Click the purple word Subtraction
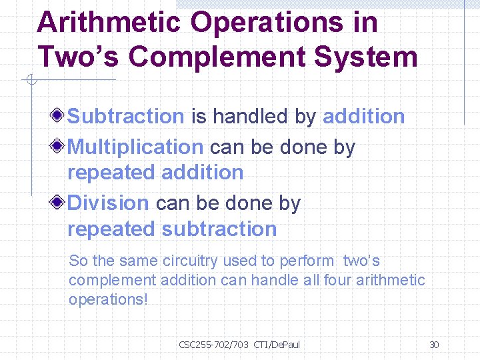click(x=126, y=116)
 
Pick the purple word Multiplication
click(x=135, y=147)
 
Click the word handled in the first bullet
click(x=251, y=116)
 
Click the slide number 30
click(x=434, y=345)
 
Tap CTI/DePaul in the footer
click(x=277, y=345)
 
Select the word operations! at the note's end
click(x=108, y=299)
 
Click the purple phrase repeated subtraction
click(x=172, y=229)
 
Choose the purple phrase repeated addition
click(x=155, y=173)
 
